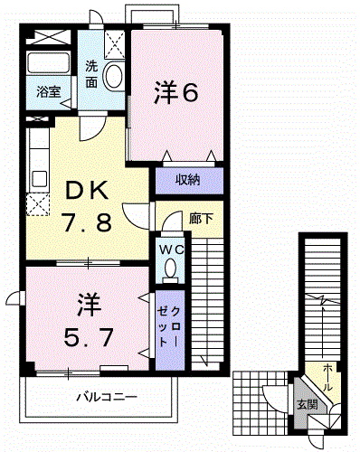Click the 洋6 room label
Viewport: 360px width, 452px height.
pos(176,92)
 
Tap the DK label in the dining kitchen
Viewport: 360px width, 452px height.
pos(87,191)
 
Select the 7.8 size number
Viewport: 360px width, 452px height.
pos(87,221)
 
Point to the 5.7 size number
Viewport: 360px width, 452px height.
pos(89,337)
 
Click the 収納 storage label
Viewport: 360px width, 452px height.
pos(188,180)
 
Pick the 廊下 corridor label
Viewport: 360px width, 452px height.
pos(201,219)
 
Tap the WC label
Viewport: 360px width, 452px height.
pos(172,250)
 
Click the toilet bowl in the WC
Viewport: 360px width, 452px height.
pos(171,268)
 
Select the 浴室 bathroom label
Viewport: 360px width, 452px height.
pos(49,92)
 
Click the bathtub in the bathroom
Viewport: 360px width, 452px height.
pos(48,62)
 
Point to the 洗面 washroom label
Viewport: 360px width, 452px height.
pos(91,74)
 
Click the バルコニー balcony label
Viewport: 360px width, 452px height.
pos(107,397)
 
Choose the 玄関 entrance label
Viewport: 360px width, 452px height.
pos(308,404)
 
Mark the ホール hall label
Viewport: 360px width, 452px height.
pos(327,378)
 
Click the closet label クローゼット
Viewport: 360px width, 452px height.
pos(169,327)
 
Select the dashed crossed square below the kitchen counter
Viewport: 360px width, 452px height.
pos(38,204)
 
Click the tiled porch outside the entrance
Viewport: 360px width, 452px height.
pos(261,403)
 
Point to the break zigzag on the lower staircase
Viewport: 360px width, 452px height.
pos(323,300)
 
